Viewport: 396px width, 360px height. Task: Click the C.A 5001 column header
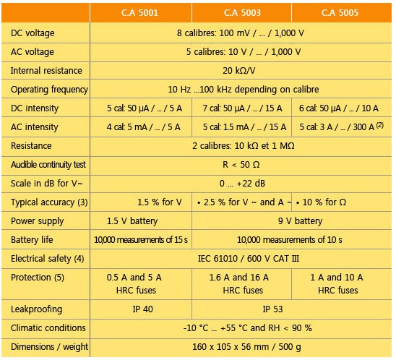(x=139, y=12)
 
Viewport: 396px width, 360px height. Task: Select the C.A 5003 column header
(x=242, y=12)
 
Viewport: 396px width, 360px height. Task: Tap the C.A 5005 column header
(x=340, y=12)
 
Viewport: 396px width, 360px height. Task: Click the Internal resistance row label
(x=46, y=71)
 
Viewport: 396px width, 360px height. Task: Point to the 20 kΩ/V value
(x=239, y=71)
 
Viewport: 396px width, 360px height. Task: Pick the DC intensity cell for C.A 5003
(x=242, y=108)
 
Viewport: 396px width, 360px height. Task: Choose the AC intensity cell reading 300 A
(x=341, y=127)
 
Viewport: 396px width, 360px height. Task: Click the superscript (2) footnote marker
(x=380, y=125)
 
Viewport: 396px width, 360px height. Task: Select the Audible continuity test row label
(x=48, y=165)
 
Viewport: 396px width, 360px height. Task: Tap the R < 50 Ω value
(x=241, y=165)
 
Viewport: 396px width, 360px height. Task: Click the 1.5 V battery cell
(x=132, y=221)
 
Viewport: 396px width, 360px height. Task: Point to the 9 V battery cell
(x=301, y=221)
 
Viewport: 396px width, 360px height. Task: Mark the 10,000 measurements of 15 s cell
(x=141, y=240)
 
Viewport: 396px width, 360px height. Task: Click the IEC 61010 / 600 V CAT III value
(x=249, y=259)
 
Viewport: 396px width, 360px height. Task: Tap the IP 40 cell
(x=142, y=309)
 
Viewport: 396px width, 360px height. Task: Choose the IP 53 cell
(x=272, y=309)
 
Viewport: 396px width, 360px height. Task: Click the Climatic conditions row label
(x=48, y=328)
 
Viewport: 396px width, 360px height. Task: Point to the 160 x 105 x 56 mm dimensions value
(x=231, y=346)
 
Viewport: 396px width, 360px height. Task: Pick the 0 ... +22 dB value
(x=242, y=184)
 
